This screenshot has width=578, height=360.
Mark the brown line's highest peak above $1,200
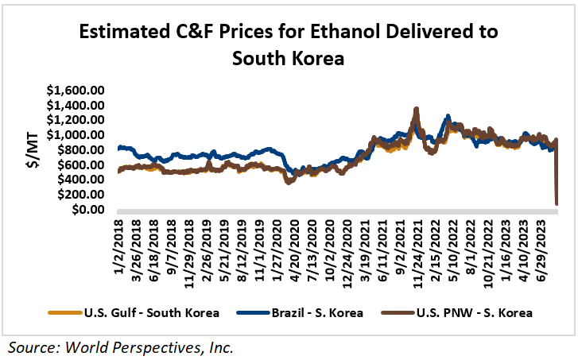(x=416, y=109)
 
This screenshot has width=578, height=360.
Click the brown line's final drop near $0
(x=556, y=203)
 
